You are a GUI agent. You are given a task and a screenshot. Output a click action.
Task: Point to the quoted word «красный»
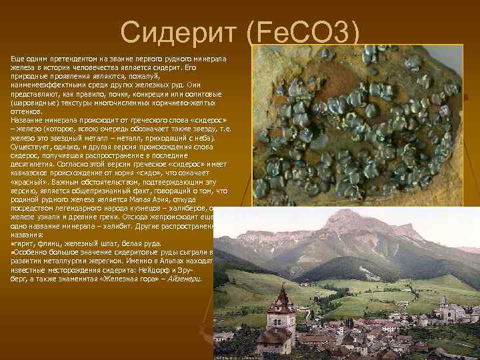click(x=25, y=181)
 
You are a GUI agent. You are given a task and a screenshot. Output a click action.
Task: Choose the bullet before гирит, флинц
click(x=12, y=244)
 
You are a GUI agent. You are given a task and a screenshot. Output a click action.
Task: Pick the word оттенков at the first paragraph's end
click(x=25, y=111)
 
